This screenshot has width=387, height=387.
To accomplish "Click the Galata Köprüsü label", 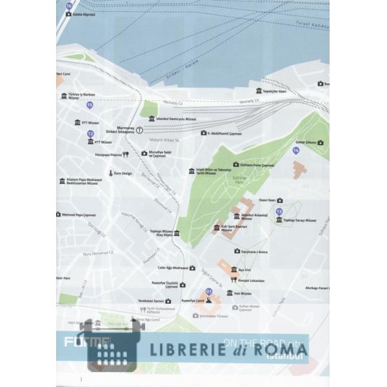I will tap(83, 13).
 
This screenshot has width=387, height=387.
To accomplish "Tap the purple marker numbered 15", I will tap(90, 104).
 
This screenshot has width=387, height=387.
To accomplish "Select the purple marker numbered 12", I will tap(90, 134).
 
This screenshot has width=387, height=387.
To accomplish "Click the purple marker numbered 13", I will tap(279, 212).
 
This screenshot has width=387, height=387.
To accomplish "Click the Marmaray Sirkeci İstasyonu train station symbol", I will tap(139, 129).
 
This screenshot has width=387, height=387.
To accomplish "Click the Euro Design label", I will tap(124, 173).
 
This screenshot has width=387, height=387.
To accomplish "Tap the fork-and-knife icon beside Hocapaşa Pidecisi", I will tap(126, 154).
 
